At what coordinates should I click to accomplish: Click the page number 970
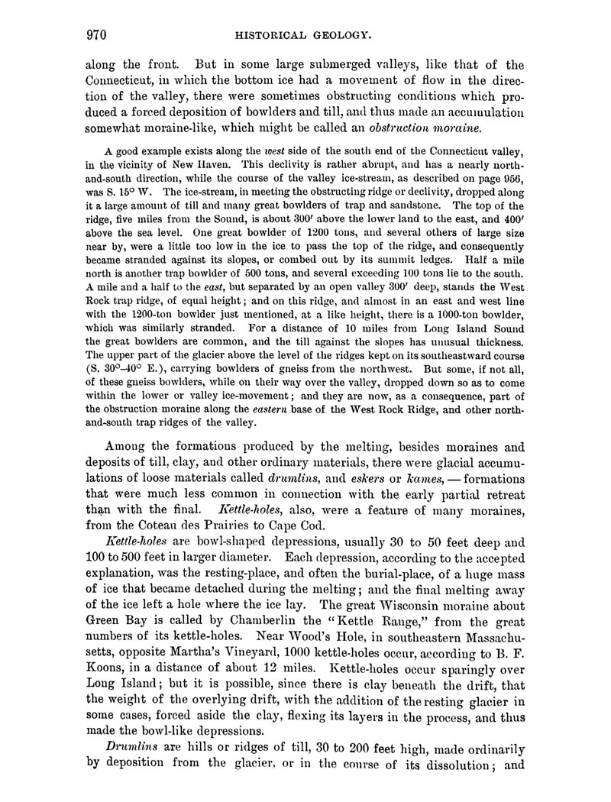93,34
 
